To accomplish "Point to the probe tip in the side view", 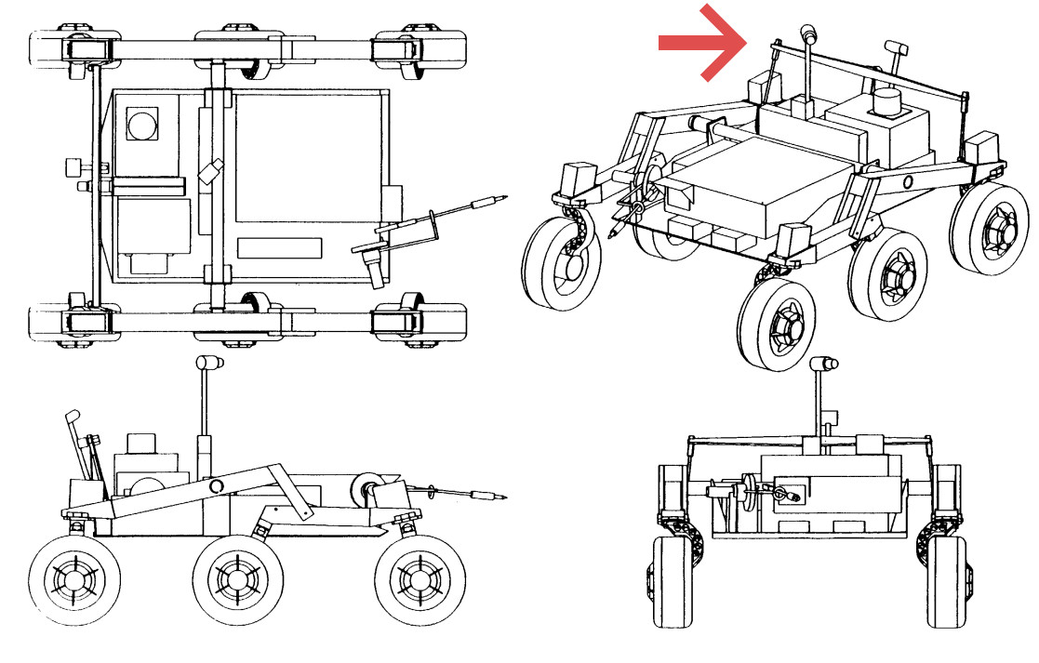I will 502,497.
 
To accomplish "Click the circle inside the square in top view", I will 142,124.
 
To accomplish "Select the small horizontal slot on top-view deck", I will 280,248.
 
